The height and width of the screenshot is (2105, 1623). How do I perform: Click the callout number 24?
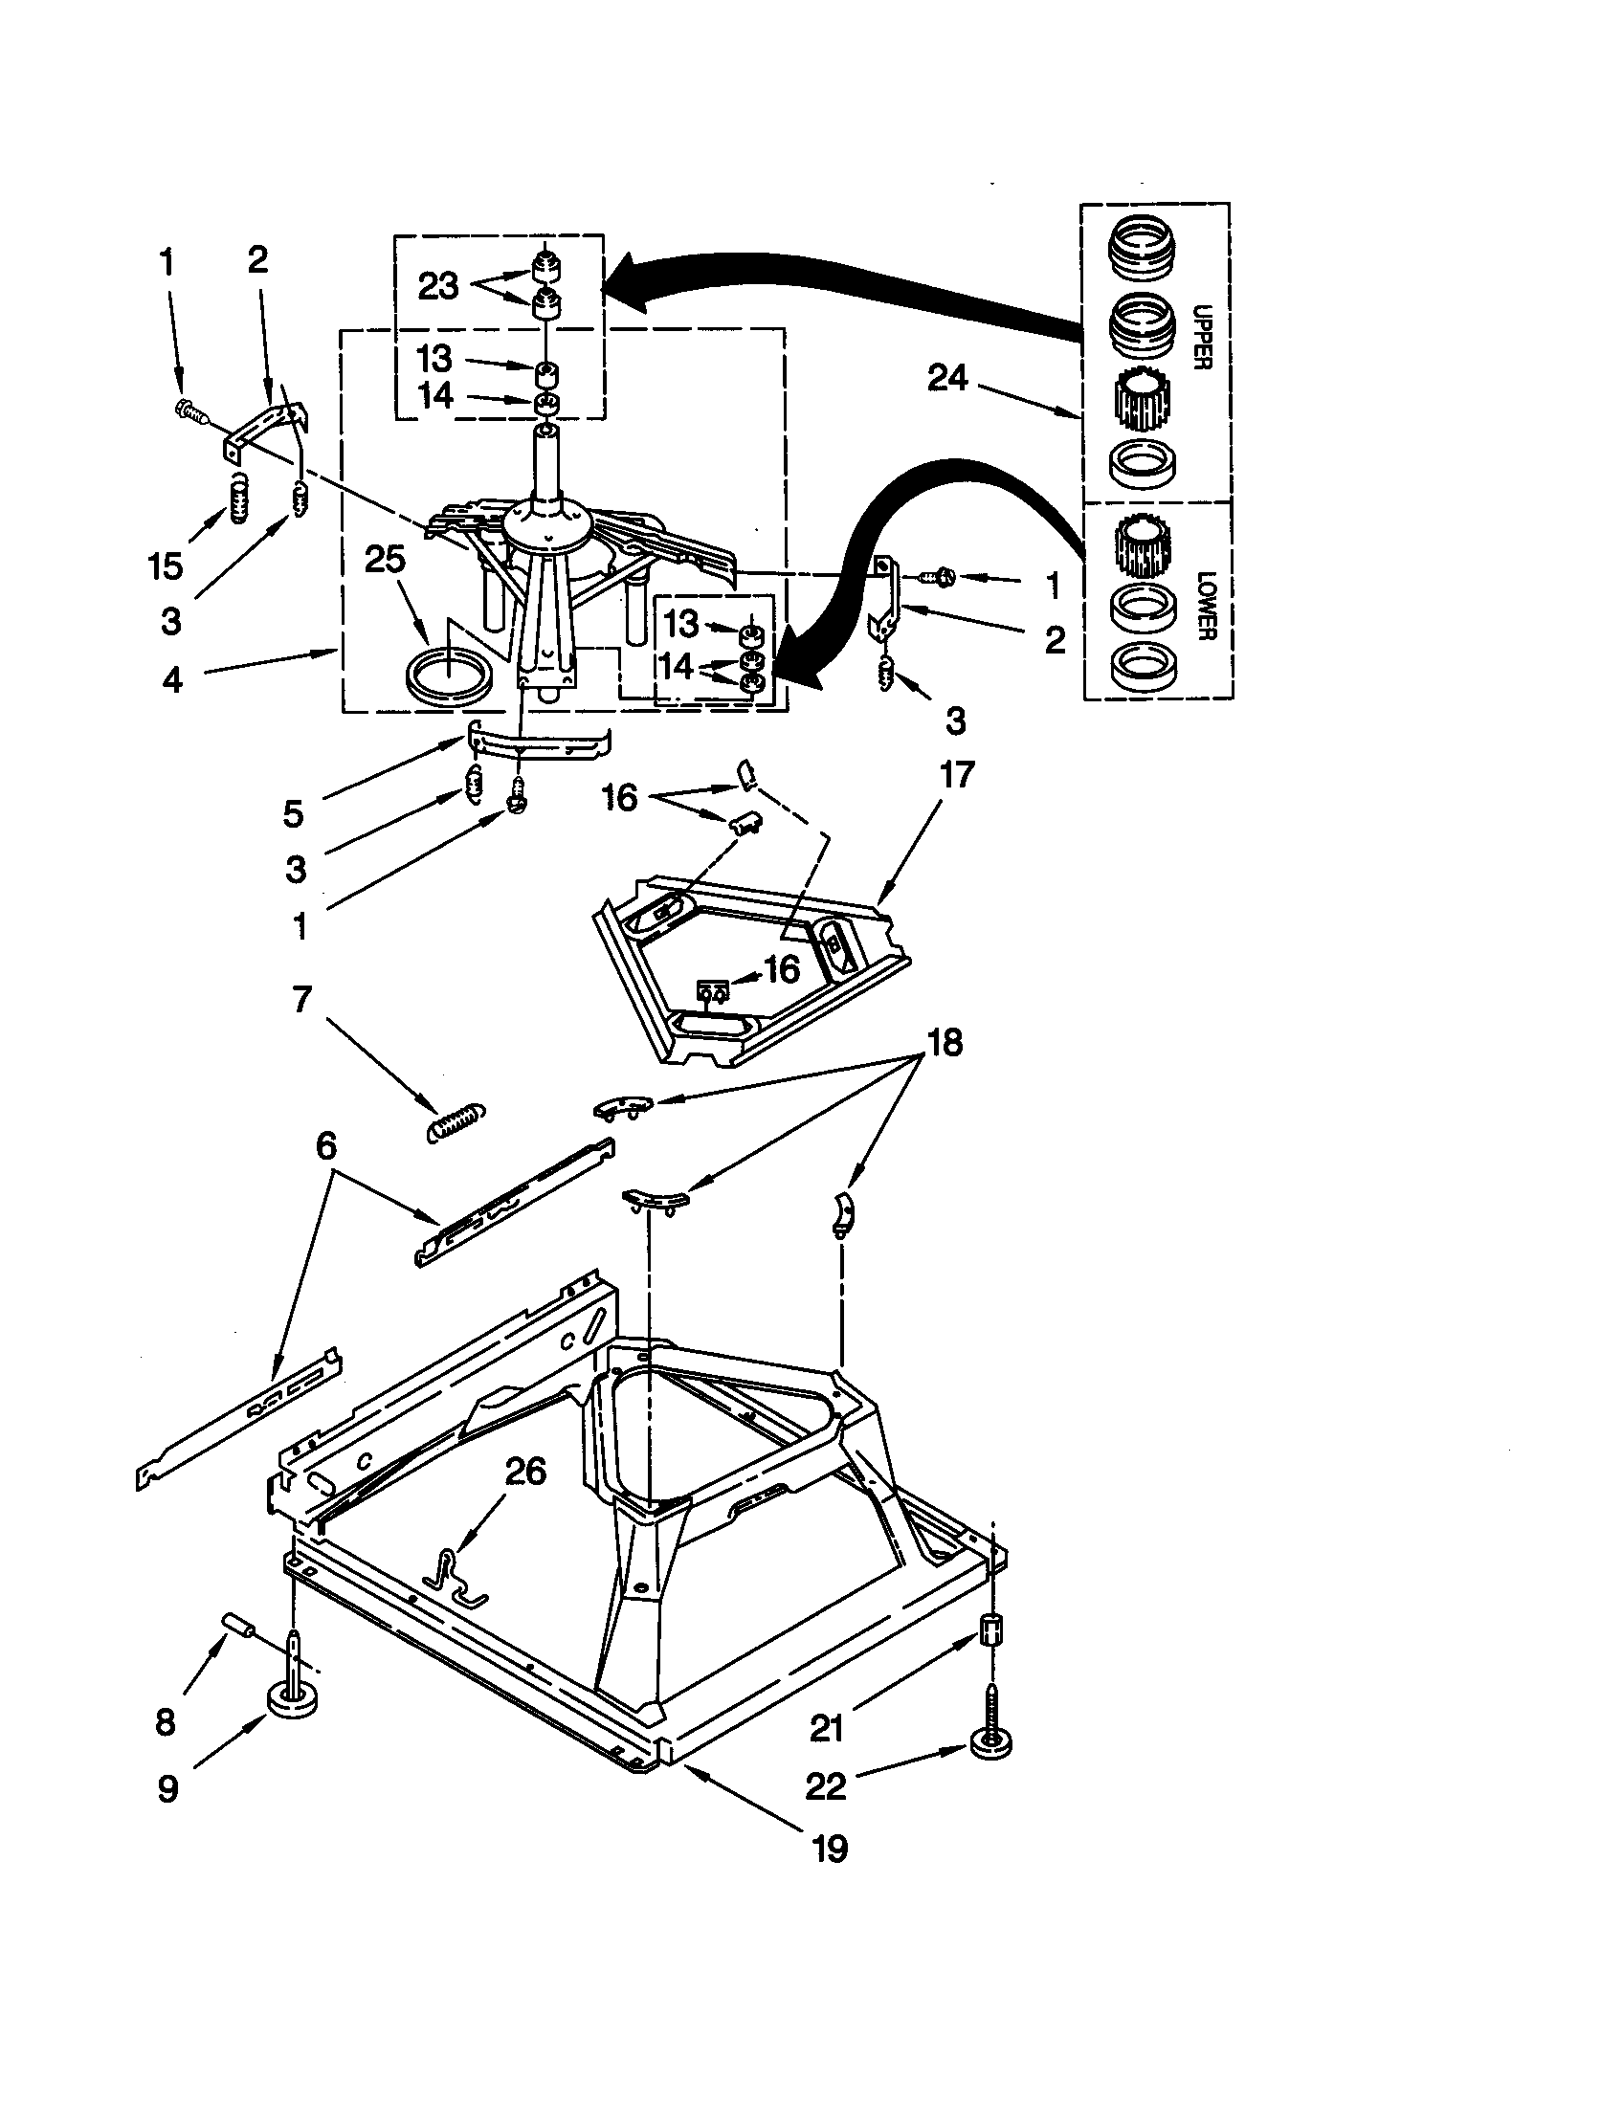tap(946, 378)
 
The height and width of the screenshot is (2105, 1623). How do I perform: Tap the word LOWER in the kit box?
tap(1206, 606)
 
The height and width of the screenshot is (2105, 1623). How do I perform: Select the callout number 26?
tap(525, 1472)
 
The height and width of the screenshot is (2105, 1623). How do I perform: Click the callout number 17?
tap(956, 774)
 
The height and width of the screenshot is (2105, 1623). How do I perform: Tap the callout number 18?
tap(945, 1043)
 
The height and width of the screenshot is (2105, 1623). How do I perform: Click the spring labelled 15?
tap(238, 500)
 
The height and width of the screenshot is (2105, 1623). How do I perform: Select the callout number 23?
tap(438, 285)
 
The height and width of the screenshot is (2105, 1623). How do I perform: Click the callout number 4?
tap(171, 680)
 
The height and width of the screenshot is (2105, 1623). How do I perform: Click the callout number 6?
tap(325, 1146)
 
